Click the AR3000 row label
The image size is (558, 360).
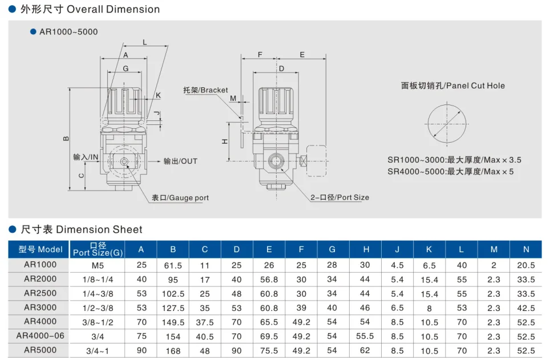click(40, 308)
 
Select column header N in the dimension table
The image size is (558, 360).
click(526, 249)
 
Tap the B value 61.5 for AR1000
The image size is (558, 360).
click(173, 265)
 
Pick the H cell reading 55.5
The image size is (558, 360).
click(365, 336)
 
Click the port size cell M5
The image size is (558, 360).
click(98, 265)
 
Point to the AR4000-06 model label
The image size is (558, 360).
click(40, 336)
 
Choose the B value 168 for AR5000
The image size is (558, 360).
click(173, 351)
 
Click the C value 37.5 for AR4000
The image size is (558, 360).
click(205, 322)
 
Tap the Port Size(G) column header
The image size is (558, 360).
click(98, 249)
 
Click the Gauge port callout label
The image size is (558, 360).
click(180, 198)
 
